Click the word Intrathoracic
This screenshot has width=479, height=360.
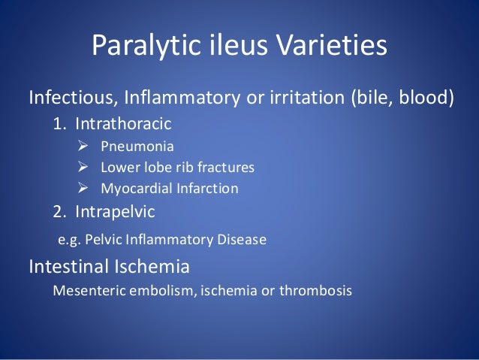coord(127,122)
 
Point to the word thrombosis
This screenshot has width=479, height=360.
coord(314,290)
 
